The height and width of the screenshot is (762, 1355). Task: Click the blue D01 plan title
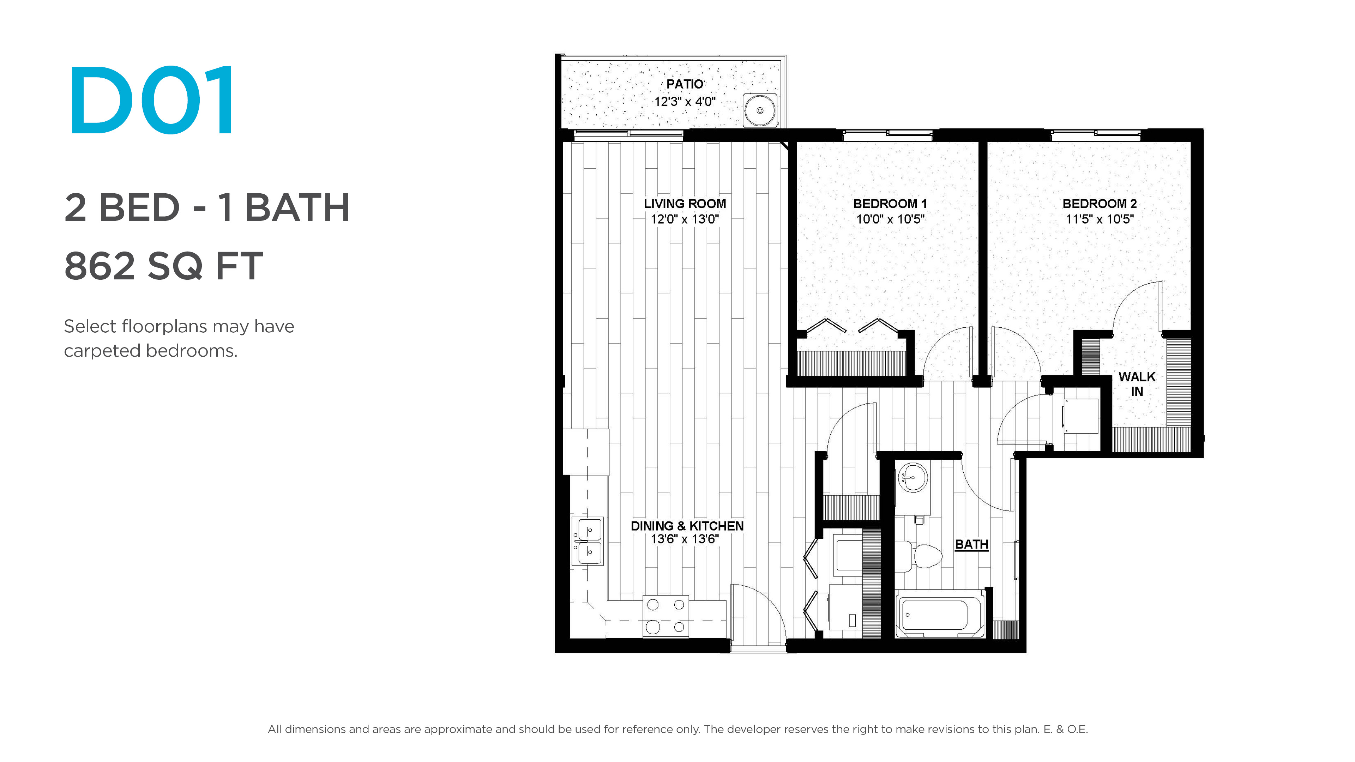click(151, 100)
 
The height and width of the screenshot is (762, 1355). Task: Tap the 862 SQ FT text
click(164, 266)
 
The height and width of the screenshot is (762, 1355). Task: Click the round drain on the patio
click(760, 110)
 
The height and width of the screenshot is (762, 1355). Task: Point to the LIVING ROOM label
click(685, 204)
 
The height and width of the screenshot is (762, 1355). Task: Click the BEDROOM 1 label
click(890, 204)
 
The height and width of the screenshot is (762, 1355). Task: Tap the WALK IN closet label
click(1137, 384)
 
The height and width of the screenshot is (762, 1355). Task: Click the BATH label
click(971, 544)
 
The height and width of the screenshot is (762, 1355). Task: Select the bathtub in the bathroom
click(939, 614)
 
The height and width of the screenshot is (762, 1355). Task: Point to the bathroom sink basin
click(913, 478)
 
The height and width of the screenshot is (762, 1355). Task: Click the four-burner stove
click(666, 616)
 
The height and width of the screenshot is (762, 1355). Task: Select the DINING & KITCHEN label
click(687, 526)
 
